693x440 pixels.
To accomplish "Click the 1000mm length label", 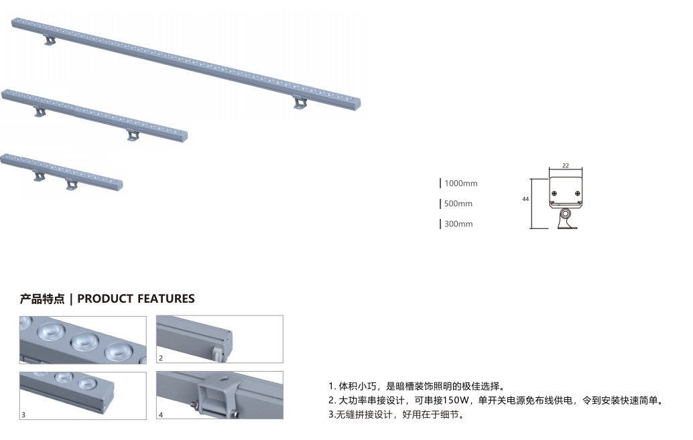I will coord(460,184).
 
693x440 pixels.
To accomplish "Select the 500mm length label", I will coord(458,204).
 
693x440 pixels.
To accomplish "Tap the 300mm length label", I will coord(458,224).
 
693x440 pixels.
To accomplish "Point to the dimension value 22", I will coord(566,165).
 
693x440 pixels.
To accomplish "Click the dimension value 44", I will coord(525,199).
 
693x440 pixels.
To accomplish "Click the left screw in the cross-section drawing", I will coord(554,194).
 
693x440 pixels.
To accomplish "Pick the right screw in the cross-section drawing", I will coord(578,194).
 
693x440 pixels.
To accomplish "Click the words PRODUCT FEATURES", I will coord(136,299).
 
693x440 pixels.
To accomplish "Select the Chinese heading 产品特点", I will coord(42,299).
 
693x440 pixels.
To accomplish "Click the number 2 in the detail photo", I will coord(161,358).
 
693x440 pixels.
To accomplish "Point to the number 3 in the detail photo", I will coord(23,415).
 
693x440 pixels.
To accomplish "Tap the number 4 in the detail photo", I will coord(161,415).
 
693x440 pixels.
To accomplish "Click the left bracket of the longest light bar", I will coord(50,41).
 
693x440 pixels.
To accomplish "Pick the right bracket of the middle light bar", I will coord(133,136).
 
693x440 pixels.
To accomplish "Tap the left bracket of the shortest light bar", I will coord(39,177).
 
